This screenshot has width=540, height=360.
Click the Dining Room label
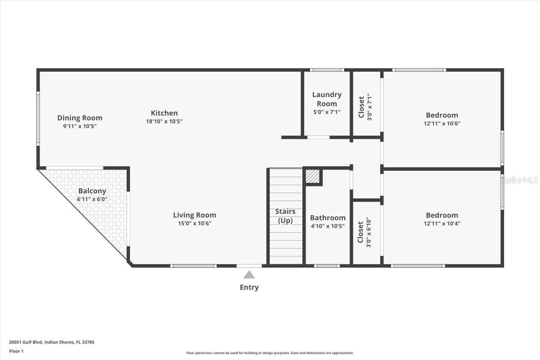80,118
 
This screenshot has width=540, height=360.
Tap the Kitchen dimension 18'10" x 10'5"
164,121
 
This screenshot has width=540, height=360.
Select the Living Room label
194,215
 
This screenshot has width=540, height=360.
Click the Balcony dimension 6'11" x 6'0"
92,199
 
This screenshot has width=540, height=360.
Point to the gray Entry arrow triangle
249,275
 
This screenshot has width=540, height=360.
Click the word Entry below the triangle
249,287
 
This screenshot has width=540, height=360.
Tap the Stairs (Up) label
286,216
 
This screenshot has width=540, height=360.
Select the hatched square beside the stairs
313,176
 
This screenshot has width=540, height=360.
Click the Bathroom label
328,218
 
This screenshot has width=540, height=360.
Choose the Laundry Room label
327,99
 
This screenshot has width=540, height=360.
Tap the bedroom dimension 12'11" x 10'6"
442,124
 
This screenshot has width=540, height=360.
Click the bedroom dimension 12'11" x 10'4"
442,224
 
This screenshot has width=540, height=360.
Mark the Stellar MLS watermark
520,180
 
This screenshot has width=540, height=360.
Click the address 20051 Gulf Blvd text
51,342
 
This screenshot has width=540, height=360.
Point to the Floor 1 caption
16,351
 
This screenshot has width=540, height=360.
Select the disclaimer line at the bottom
270,353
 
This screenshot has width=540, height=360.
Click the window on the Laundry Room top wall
327,70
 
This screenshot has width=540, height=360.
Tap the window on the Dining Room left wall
38,119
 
